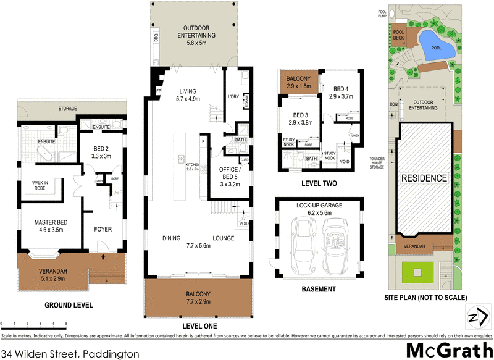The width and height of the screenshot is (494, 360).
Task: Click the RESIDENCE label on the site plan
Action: click(x=424, y=178)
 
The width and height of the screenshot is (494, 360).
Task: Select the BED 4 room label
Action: click(x=341, y=93)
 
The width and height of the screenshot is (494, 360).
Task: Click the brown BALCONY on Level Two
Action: click(x=298, y=83)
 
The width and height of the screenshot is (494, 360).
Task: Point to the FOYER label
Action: click(x=103, y=229)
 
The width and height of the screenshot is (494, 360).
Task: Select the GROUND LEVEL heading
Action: click(x=69, y=305)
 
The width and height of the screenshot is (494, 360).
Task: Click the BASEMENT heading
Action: click(x=318, y=289)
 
